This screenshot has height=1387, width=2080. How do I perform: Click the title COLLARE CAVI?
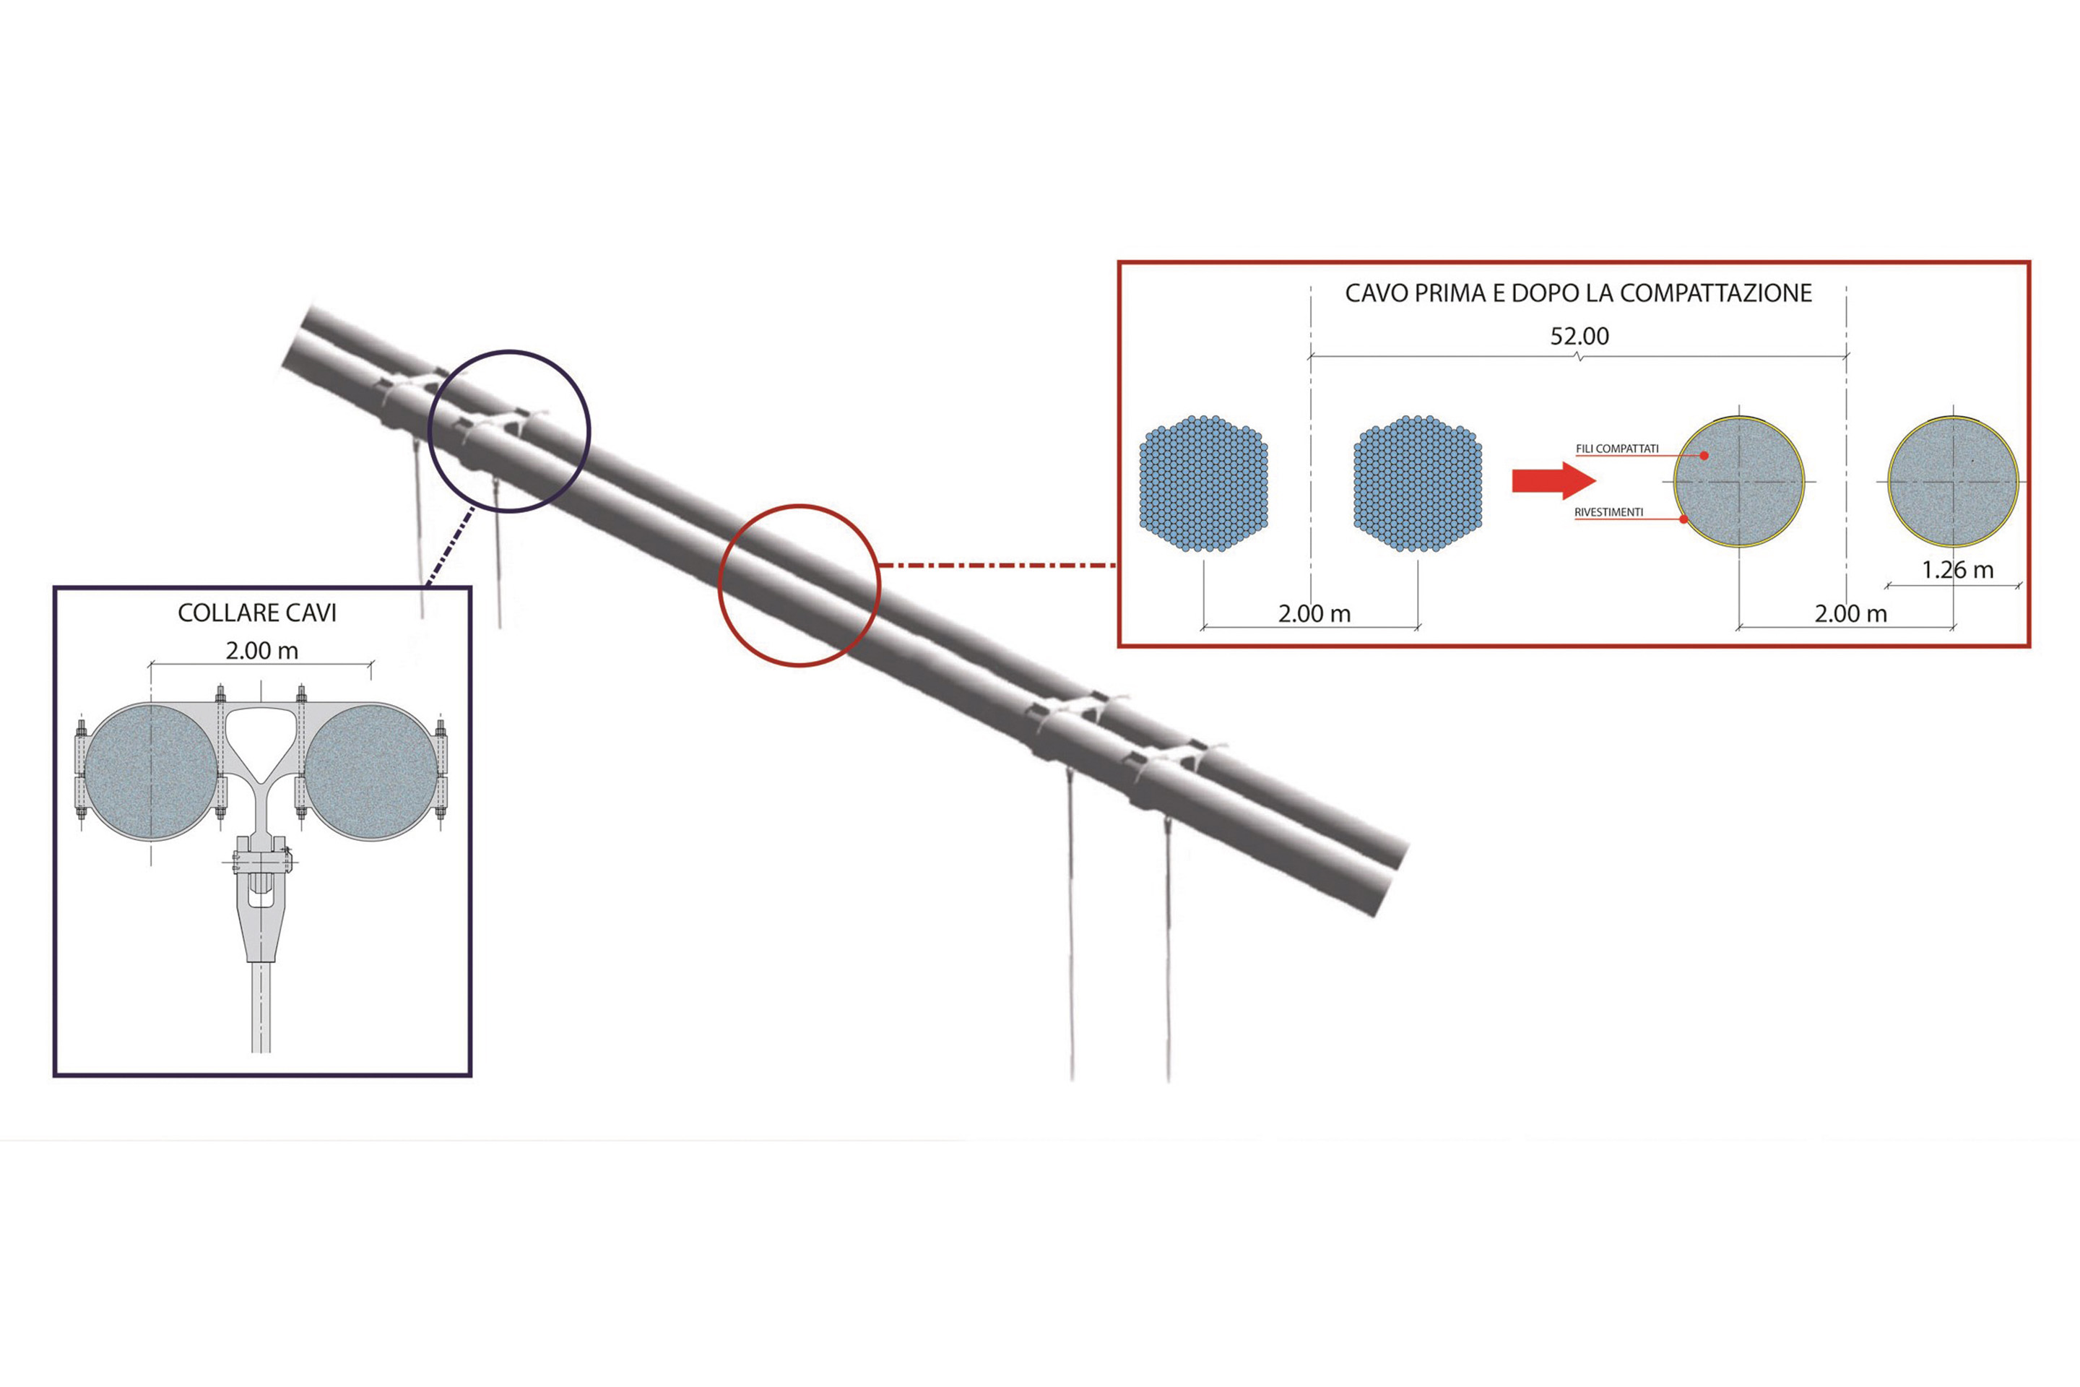click(x=257, y=613)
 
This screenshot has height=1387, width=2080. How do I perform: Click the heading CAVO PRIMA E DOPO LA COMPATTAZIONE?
click(x=1579, y=294)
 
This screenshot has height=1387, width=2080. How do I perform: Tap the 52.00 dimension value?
click(x=1579, y=336)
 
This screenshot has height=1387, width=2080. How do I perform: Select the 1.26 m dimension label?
click(x=1958, y=570)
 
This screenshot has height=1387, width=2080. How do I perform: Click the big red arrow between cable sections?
click(x=1553, y=480)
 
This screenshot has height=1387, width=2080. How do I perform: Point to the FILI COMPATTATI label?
click(x=1618, y=449)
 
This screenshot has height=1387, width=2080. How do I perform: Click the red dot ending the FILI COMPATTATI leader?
click(x=1704, y=456)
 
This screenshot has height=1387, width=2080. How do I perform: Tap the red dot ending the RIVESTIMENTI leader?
click(x=1683, y=519)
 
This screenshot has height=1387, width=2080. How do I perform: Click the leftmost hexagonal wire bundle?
click(x=1204, y=484)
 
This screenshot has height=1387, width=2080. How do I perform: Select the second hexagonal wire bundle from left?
click(x=1418, y=484)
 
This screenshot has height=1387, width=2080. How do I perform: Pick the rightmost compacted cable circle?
click(x=1953, y=482)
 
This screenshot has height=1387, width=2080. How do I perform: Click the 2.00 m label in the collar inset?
click(x=261, y=651)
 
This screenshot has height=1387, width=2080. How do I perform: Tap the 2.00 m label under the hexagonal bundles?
click(x=1314, y=614)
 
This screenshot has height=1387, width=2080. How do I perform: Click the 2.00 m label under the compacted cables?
click(x=1851, y=614)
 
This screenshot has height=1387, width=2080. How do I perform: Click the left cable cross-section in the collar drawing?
click(x=151, y=772)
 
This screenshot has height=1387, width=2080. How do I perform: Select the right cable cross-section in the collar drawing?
click(x=370, y=772)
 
